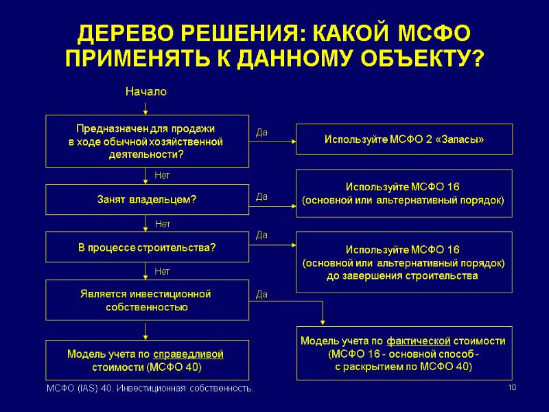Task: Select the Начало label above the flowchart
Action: tap(145, 91)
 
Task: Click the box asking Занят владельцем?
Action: tap(147, 200)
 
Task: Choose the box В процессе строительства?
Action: tap(147, 247)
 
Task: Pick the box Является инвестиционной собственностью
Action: tap(147, 301)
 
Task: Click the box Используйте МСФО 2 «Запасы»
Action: tap(404, 140)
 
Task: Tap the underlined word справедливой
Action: tap(188, 354)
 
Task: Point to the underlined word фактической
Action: tap(419, 341)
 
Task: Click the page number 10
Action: tap(511, 389)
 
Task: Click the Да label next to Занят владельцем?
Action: tap(261, 197)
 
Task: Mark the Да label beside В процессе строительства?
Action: tap(261, 235)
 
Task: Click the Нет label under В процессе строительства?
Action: tap(163, 272)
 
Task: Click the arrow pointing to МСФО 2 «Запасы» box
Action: tap(272, 141)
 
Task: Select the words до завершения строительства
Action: tap(404, 276)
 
